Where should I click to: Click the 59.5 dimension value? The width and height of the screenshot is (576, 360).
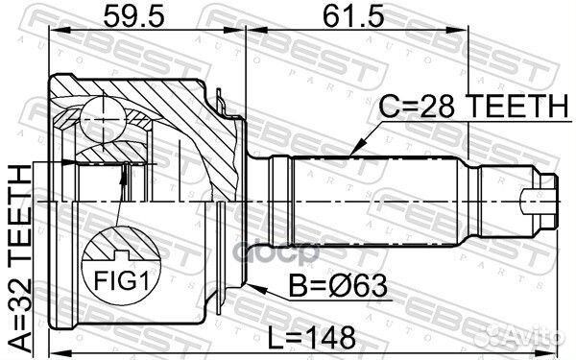click(x=133, y=16)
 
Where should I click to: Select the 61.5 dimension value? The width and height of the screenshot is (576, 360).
click(x=353, y=16)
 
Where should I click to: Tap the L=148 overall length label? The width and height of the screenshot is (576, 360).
click(x=311, y=338)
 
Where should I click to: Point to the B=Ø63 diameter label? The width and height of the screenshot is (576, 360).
click(x=338, y=286)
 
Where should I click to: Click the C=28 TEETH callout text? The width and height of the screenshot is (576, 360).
click(x=474, y=106)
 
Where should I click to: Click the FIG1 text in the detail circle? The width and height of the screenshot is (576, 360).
click(x=122, y=281)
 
